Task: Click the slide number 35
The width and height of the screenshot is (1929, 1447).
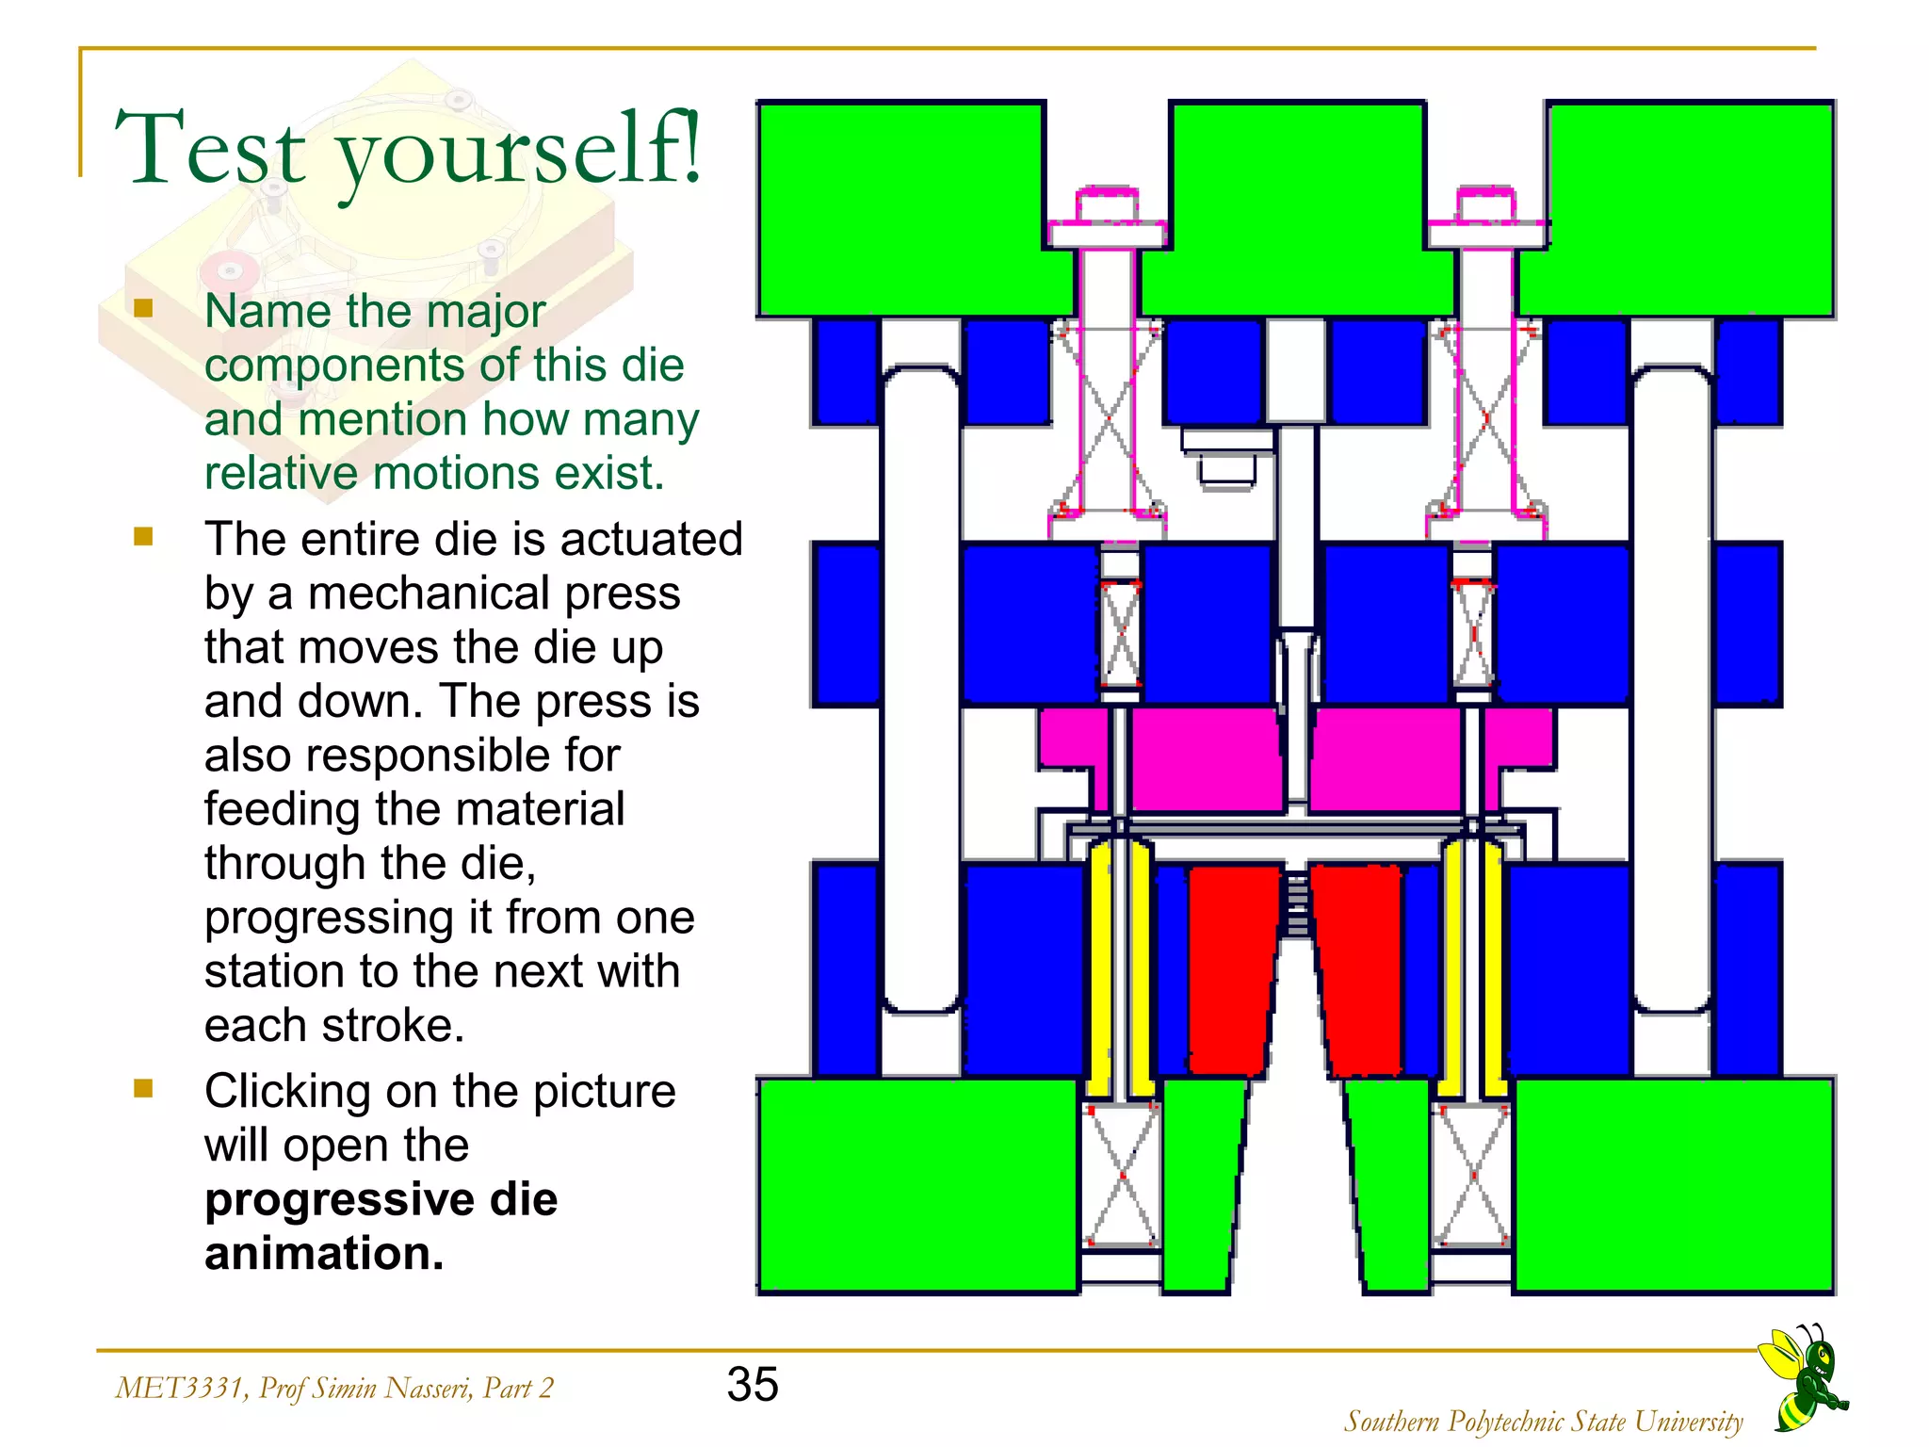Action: pyautogui.click(x=752, y=1385)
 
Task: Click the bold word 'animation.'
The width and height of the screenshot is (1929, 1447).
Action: pyautogui.click(x=323, y=1254)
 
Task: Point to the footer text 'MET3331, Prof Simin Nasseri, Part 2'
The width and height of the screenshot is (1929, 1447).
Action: pyautogui.click(x=333, y=1388)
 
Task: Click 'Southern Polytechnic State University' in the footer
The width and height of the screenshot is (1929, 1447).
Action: pyautogui.click(x=1543, y=1421)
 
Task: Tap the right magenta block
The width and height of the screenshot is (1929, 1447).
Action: pyautogui.click(x=1385, y=758)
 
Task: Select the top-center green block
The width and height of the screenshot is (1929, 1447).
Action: pyautogui.click(x=1296, y=207)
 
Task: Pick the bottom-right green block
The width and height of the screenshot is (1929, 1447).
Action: pyautogui.click(x=1673, y=1185)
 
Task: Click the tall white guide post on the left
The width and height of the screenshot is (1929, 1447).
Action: pyautogui.click(x=922, y=688)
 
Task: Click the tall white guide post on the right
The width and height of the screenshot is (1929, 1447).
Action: pyautogui.click(x=1672, y=688)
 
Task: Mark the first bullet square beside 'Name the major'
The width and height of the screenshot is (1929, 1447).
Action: pyautogui.click(x=143, y=309)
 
